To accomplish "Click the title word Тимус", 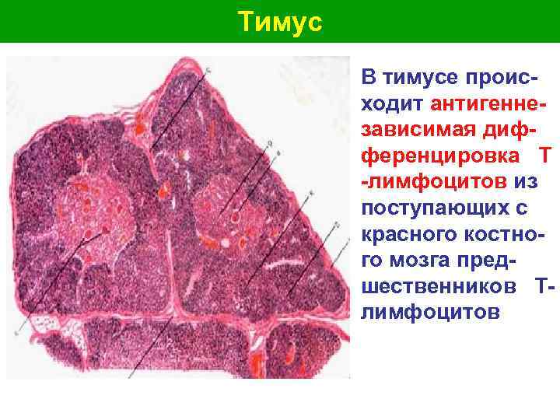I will pos(279,21).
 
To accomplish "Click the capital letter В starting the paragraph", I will pos(369,77).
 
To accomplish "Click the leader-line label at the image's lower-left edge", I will pos(16,332).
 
